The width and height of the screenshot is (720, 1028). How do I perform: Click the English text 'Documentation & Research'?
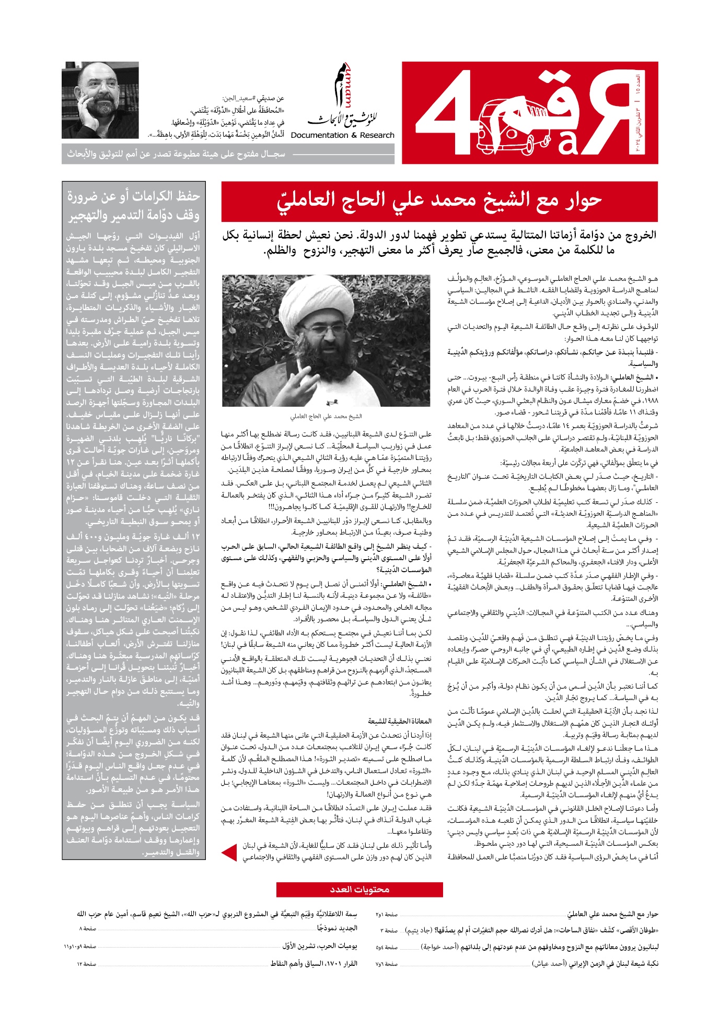pos(343,135)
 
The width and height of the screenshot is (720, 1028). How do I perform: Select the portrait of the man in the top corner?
pos(100,100)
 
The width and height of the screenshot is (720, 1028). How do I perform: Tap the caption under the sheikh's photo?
pos(326,417)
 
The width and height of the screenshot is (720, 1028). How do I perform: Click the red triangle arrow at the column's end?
pos(229,853)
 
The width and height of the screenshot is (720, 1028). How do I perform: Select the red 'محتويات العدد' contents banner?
pos(359,890)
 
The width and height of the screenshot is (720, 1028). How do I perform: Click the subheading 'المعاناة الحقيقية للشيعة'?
pos(400,721)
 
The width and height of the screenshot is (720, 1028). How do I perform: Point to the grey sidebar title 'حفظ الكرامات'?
pos(133,205)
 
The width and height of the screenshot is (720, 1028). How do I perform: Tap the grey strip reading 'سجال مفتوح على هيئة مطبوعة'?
pos(176,155)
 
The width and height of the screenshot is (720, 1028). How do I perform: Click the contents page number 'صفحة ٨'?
pos(88,928)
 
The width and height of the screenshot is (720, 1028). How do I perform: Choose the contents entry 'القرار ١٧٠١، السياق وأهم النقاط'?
pos(313,963)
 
